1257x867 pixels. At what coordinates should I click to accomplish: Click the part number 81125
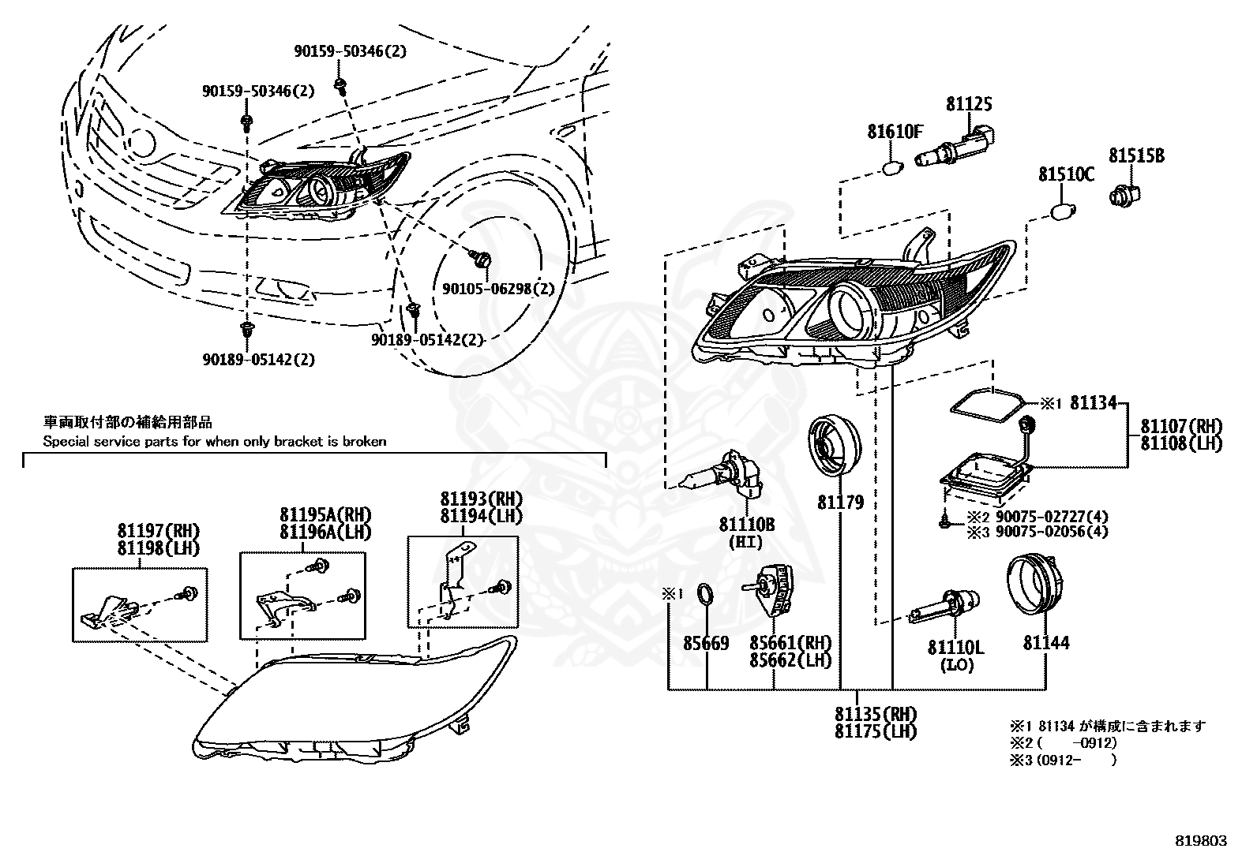969,104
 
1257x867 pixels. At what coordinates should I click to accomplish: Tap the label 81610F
895,132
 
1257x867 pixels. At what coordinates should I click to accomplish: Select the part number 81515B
1136,155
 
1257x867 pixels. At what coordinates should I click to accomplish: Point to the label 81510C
1066,175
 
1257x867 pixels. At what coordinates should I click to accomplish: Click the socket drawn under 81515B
1124,196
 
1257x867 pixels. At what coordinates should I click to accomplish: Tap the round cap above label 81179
835,447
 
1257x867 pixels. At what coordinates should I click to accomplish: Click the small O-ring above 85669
705,595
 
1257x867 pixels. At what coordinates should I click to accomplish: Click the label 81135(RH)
876,714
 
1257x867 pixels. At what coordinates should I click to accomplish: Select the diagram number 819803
1201,841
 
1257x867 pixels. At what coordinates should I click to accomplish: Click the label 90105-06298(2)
498,289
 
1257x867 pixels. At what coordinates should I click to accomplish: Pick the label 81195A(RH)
325,514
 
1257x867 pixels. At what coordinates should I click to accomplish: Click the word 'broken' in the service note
364,441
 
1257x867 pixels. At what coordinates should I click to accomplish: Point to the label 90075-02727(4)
1053,516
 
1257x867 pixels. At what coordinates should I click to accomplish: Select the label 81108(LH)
1181,443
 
